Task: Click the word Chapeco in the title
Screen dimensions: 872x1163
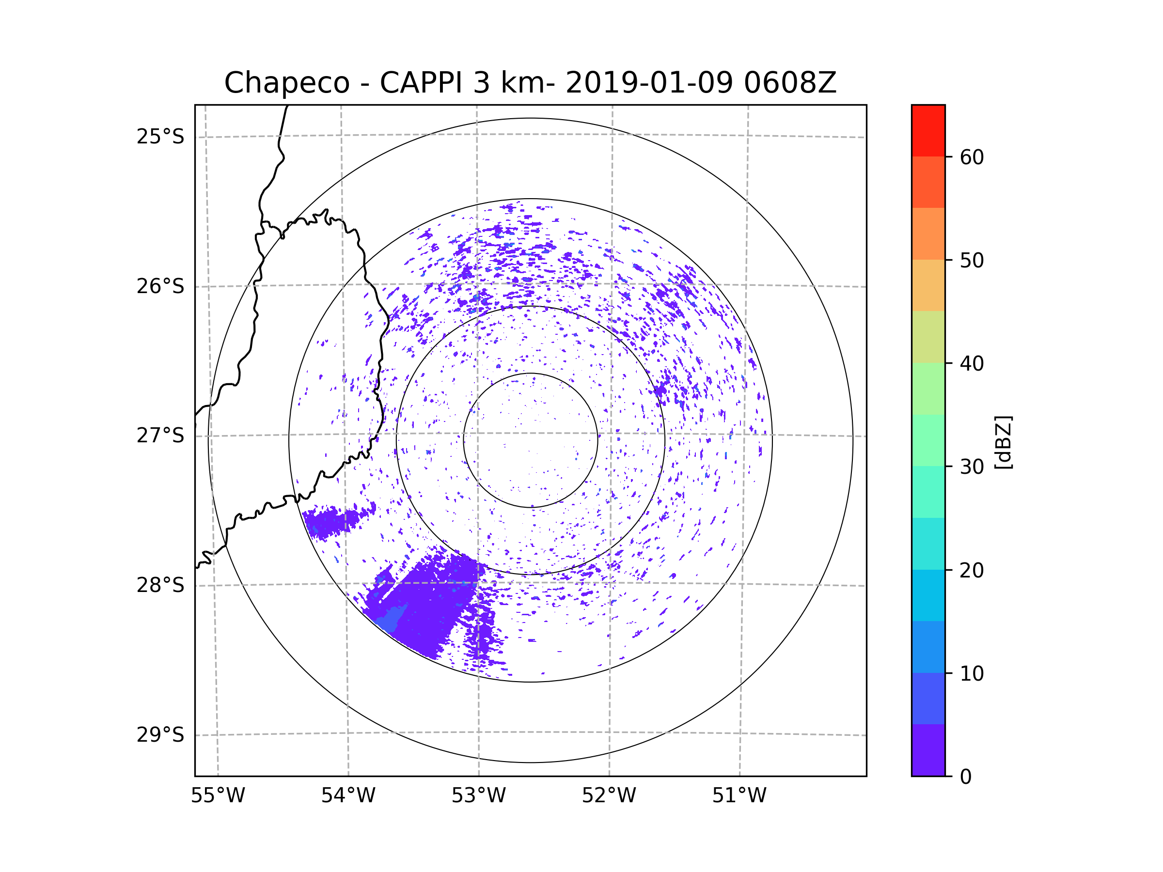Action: pyautogui.click(x=286, y=83)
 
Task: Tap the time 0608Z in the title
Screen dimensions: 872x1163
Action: pyautogui.click(x=790, y=83)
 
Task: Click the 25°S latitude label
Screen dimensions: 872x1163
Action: pyautogui.click(x=160, y=137)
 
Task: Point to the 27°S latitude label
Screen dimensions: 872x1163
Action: pyautogui.click(x=160, y=435)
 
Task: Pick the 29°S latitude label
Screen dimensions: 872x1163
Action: pyautogui.click(x=160, y=734)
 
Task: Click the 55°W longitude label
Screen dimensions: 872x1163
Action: pyautogui.click(x=218, y=796)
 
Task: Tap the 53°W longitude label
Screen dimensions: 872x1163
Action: pyautogui.click(x=478, y=796)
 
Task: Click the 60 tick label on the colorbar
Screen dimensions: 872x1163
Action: pyautogui.click(x=972, y=157)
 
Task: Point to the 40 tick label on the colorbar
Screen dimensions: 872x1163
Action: pyautogui.click(x=972, y=363)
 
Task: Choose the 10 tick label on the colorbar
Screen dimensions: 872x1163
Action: pyautogui.click(x=972, y=673)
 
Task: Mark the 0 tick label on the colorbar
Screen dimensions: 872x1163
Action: pyautogui.click(x=966, y=777)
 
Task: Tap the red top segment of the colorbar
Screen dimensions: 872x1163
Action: pyautogui.click(x=928, y=130)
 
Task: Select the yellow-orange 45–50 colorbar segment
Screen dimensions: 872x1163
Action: pyautogui.click(x=928, y=285)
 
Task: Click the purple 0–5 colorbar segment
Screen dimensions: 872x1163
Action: pyautogui.click(x=928, y=750)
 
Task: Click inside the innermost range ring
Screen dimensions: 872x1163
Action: pyautogui.click(x=531, y=440)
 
